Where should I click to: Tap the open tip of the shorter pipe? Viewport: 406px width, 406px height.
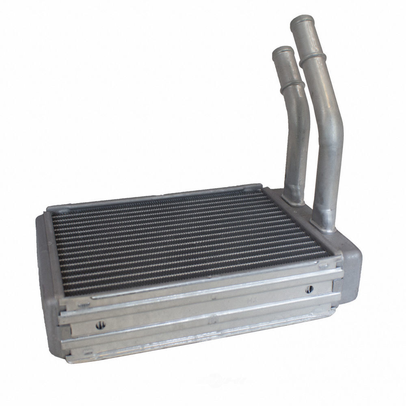coord(283,50)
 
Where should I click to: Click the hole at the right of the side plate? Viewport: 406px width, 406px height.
coord(309,289)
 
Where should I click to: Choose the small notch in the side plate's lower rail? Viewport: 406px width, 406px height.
coord(211,321)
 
